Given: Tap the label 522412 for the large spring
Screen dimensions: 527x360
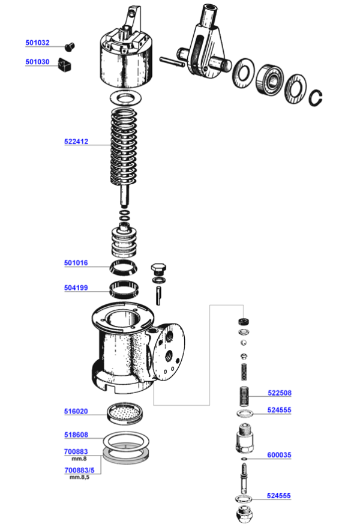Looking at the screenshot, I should [x=76, y=142].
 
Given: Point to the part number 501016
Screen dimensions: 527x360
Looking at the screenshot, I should [x=76, y=263].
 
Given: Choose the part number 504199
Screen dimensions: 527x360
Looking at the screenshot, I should [x=76, y=288].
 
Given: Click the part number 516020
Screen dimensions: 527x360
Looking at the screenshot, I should [x=76, y=412].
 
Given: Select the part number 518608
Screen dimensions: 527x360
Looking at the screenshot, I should [x=76, y=436].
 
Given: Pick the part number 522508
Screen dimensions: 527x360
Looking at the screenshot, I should [x=279, y=394].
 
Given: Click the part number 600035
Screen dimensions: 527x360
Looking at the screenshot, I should [x=279, y=456].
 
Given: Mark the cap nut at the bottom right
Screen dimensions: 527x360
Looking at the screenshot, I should [x=245, y=514].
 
